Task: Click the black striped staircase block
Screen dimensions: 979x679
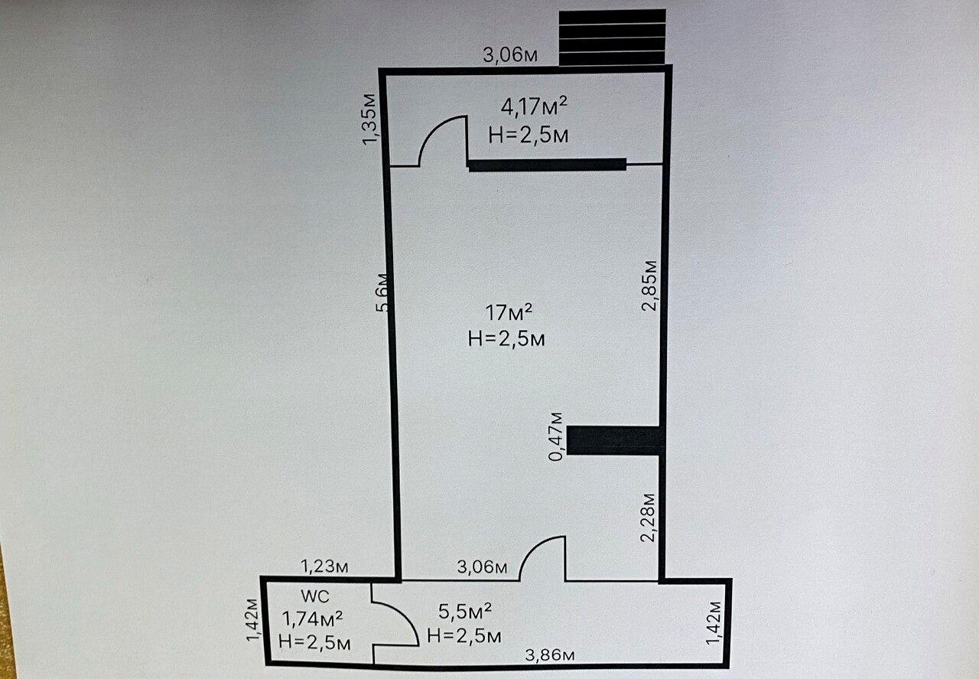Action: click(x=613, y=38)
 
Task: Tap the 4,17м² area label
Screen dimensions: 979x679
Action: click(x=534, y=107)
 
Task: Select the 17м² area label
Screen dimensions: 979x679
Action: click(x=509, y=313)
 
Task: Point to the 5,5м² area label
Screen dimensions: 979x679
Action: click(x=465, y=611)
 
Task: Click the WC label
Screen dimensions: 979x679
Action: click(x=315, y=596)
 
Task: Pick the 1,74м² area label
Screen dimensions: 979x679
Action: click(x=312, y=619)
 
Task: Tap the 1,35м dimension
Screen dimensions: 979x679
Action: click(x=369, y=119)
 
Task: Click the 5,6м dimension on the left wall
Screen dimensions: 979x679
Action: click(x=382, y=292)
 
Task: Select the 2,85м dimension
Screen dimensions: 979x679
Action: click(x=649, y=286)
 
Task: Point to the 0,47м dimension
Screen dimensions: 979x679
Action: click(x=556, y=436)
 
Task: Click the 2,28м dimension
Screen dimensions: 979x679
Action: click(x=648, y=518)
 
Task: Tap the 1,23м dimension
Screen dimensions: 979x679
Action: click(x=324, y=567)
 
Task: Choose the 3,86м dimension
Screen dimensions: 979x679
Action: click(x=550, y=655)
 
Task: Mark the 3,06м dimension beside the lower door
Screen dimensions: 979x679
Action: click(x=482, y=567)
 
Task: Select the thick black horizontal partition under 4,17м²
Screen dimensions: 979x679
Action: click(x=548, y=165)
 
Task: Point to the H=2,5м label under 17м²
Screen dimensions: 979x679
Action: click(x=506, y=339)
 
